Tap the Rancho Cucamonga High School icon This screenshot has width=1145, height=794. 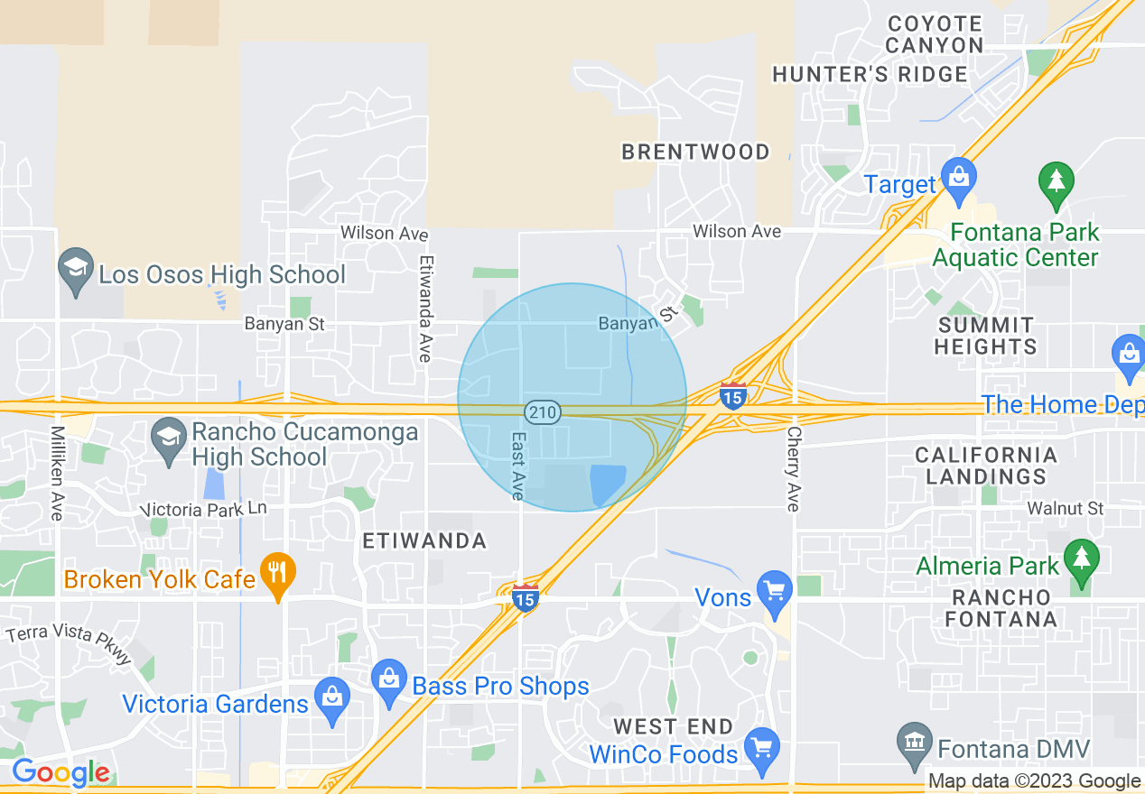coord(170,439)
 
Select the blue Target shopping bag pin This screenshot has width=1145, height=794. coord(957,175)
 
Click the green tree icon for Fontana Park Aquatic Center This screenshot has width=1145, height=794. coord(1056,180)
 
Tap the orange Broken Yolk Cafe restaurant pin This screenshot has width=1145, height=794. coord(278,573)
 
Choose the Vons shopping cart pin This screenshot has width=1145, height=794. coord(775,591)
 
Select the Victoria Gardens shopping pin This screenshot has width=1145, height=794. coord(333,698)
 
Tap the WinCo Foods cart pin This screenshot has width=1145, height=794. coord(763,748)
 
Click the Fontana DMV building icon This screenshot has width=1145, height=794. coord(916,743)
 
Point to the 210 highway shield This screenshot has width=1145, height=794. coord(544,412)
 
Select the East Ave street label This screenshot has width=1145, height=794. coord(517,466)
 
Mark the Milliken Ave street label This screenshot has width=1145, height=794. coord(57,473)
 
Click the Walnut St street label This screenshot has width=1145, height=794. coord(1066,508)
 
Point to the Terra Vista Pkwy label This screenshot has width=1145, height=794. coord(69,643)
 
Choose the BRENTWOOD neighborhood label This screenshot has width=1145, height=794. coord(695,152)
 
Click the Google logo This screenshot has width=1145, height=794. coord(61,772)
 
